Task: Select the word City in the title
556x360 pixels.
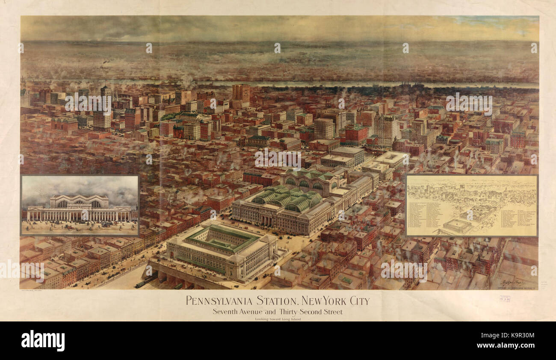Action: [x=356, y=300]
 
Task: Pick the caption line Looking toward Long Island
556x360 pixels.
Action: [x=278, y=319]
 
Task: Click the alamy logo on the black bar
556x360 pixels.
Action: [x=43, y=341]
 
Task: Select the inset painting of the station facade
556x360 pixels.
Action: [x=80, y=205]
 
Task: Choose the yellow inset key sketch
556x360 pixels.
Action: [x=471, y=205]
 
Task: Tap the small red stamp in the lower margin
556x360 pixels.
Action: [x=504, y=299]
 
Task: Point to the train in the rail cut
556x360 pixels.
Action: [x=145, y=281]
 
